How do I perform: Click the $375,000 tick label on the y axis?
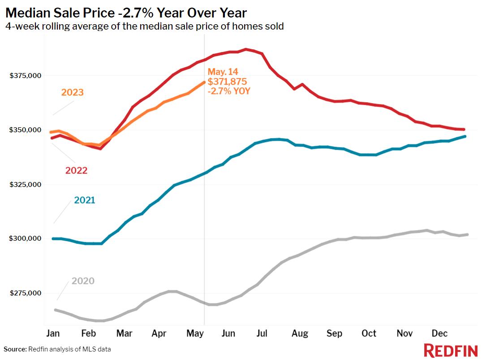pos(26,76)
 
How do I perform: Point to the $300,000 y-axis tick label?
pos(26,239)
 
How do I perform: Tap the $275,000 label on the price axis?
pos(26,293)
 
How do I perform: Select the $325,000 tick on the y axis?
pos(26,185)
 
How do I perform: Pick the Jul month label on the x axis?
pos(262,334)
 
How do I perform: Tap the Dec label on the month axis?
pos(439,334)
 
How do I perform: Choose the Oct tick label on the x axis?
pos(369,334)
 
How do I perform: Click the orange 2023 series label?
pos(73,92)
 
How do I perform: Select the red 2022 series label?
pos(76,170)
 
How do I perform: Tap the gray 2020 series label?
pos(83,281)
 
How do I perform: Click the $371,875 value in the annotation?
pos(227,82)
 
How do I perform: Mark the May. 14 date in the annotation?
pos(223,72)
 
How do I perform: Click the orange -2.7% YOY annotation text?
pos(228,91)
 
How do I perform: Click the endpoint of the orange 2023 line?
pos(204,82)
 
